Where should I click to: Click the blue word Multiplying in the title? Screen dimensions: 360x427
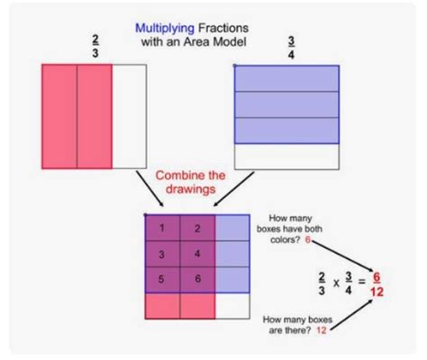click(x=166, y=28)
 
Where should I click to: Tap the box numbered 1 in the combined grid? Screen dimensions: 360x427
click(x=163, y=229)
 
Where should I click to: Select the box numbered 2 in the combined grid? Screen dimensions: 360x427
click(x=198, y=229)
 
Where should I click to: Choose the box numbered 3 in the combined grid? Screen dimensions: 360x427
click(x=163, y=254)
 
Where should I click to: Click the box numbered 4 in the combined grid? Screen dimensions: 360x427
click(x=198, y=254)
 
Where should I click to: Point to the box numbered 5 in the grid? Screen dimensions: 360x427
click(x=163, y=279)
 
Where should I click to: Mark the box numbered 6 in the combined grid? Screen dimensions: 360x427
click(x=198, y=279)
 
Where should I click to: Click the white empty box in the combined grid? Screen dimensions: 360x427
click(x=233, y=306)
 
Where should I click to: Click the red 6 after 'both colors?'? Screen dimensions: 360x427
click(x=309, y=241)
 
